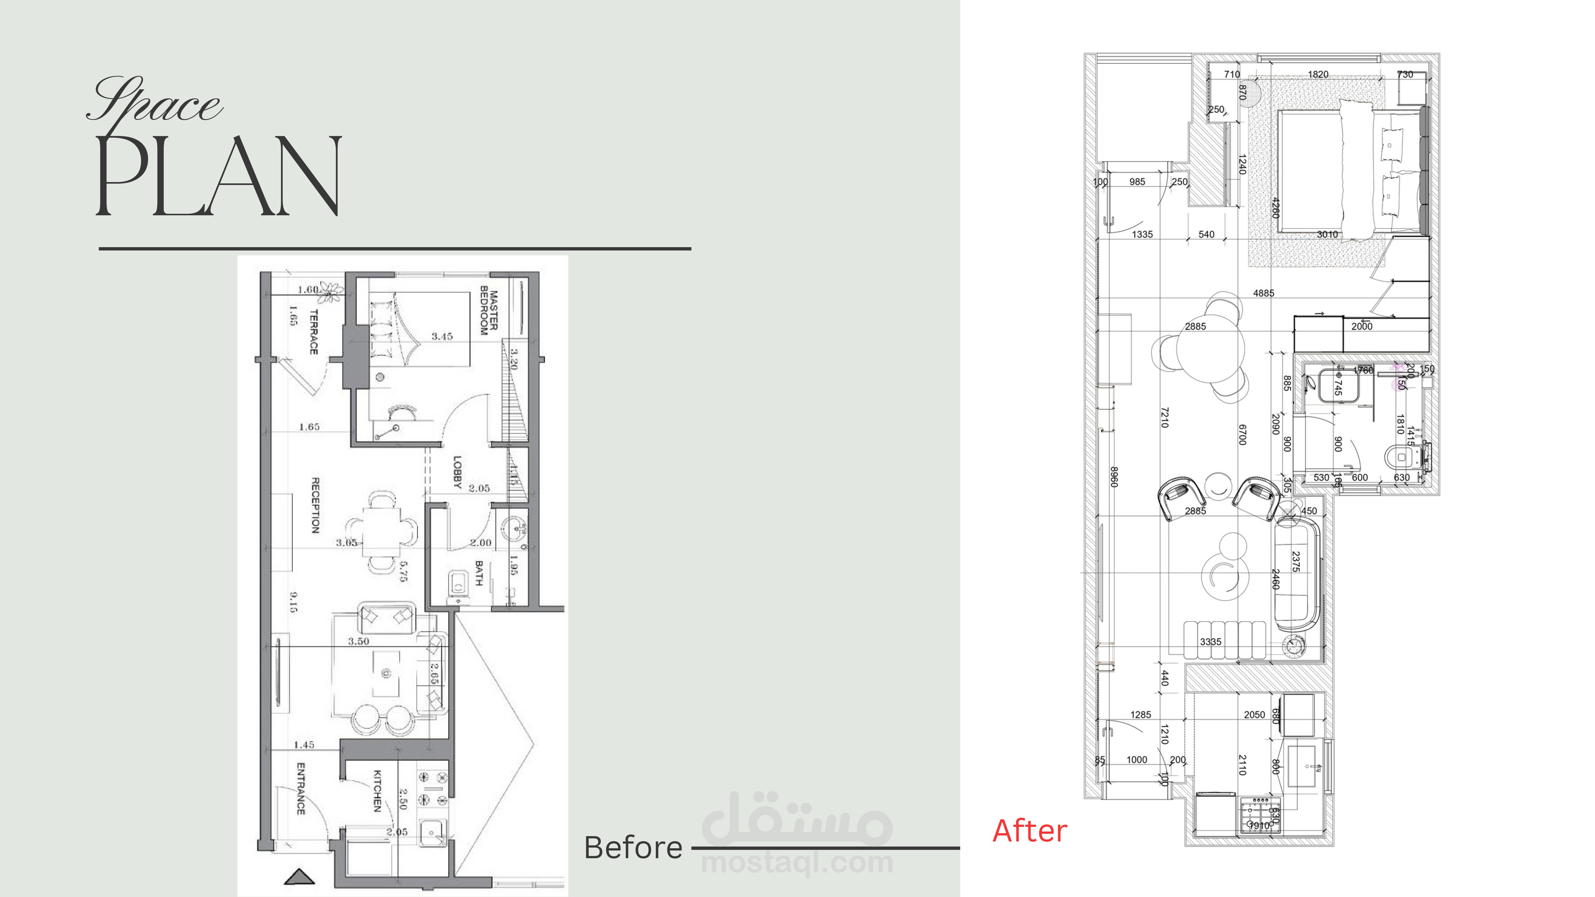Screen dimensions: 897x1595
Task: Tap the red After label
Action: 1030,831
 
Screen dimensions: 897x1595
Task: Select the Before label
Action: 633,848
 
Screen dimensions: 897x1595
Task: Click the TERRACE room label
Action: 313,332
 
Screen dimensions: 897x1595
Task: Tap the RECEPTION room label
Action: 315,504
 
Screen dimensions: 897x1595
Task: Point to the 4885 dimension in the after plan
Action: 1263,293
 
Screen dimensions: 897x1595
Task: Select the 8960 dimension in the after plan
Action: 1113,477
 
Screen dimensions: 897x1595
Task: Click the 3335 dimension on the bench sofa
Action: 1211,641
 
